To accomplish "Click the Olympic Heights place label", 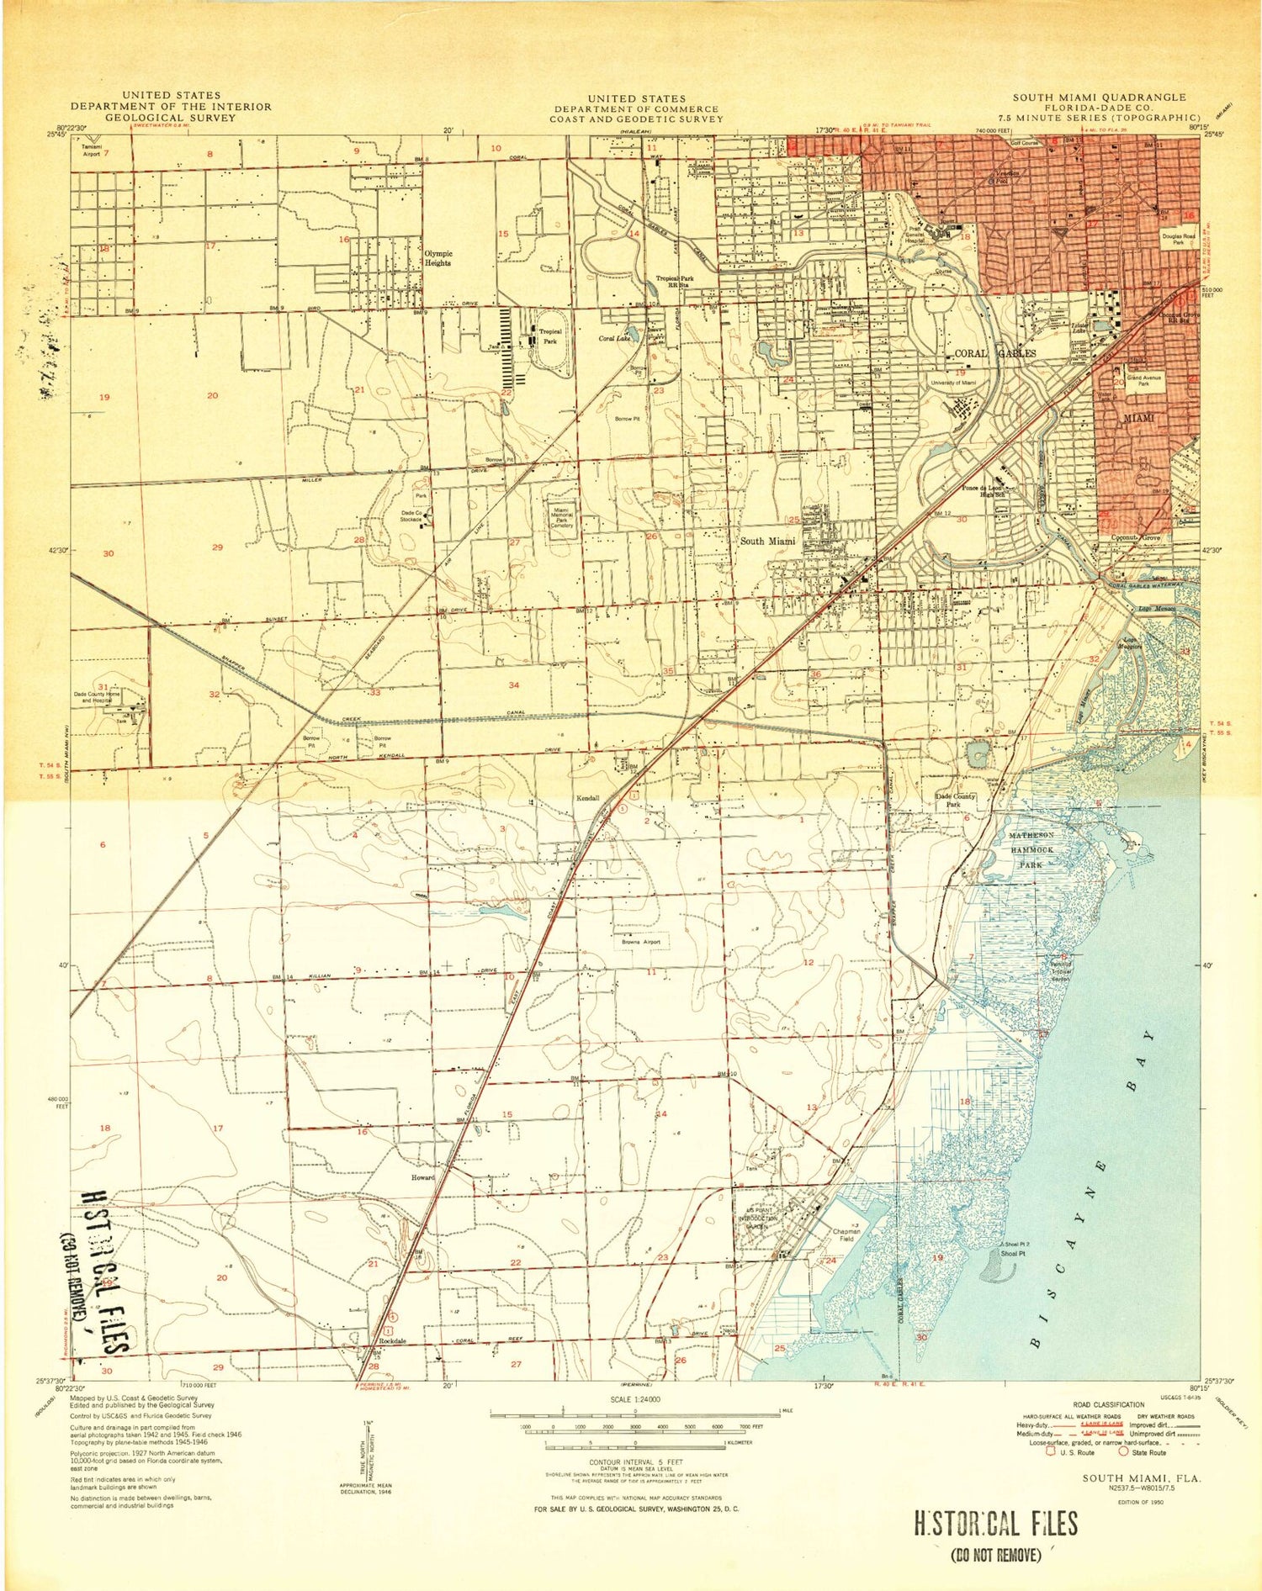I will click(437, 258).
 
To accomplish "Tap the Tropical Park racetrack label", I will click(550, 336).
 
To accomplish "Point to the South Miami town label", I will click(767, 542).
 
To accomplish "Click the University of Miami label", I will click(953, 383).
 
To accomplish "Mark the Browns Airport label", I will click(641, 943).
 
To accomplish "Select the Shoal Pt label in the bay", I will click(1013, 1253).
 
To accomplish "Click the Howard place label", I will click(422, 1177).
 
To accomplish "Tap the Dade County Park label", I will click(956, 800).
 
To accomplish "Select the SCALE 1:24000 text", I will click(634, 1399).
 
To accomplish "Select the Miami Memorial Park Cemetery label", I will click(562, 515).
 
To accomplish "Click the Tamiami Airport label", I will click(91, 151).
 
